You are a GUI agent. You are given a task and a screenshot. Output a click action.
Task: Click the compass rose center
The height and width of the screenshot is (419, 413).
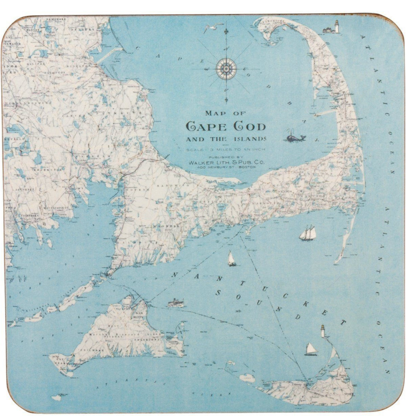226,69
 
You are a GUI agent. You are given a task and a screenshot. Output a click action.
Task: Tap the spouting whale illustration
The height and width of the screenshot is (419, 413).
295,137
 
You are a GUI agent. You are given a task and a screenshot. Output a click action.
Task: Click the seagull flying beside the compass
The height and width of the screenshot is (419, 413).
210,27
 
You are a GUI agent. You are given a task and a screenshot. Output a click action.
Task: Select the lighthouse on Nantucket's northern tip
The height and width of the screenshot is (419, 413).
323,331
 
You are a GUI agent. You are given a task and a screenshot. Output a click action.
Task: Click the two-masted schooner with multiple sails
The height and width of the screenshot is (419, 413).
308,233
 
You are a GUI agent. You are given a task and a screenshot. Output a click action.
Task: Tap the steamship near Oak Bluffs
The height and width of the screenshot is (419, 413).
176,302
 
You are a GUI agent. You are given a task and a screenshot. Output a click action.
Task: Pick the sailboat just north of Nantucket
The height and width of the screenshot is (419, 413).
311,349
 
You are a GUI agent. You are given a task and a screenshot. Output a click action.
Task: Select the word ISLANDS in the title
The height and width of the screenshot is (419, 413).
251,139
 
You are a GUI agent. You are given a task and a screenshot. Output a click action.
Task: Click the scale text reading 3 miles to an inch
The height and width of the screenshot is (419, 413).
226,149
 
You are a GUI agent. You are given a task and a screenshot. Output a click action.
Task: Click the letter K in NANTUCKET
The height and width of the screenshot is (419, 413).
305,304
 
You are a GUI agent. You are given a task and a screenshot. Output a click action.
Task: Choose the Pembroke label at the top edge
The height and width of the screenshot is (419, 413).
56,19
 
